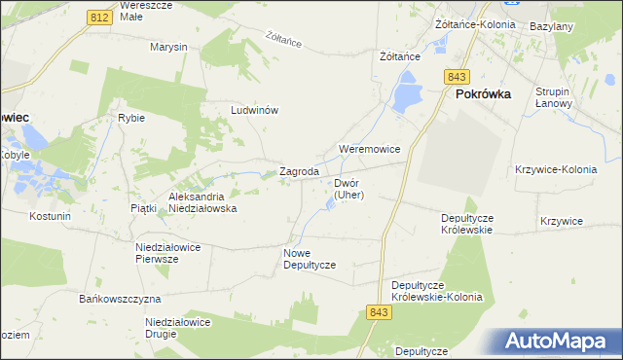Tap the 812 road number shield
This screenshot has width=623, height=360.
pyautogui.click(x=96, y=18)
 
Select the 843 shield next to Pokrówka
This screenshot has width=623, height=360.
pyautogui.click(x=457, y=77)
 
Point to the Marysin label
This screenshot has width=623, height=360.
pyautogui.click(x=168, y=47)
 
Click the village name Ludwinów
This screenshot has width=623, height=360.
pyautogui.click(x=254, y=110)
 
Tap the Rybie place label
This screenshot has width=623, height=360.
pyautogui.click(x=131, y=118)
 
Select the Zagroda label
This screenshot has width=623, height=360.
pyautogui.click(x=300, y=172)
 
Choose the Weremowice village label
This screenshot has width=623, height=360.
pyautogui.click(x=369, y=149)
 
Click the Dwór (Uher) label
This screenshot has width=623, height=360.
pyautogui.click(x=348, y=189)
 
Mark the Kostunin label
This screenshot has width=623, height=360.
pyautogui.click(x=51, y=215)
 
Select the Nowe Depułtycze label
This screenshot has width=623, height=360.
pyautogui.click(x=310, y=259)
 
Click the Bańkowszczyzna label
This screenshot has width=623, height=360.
pyautogui.click(x=121, y=298)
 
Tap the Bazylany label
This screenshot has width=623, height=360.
pyautogui.click(x=550, y=26)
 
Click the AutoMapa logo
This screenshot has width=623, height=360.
pyautogui.click(x=555, y=340)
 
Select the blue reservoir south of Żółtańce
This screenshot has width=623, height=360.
pyautogui.click(x=405, y=95)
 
